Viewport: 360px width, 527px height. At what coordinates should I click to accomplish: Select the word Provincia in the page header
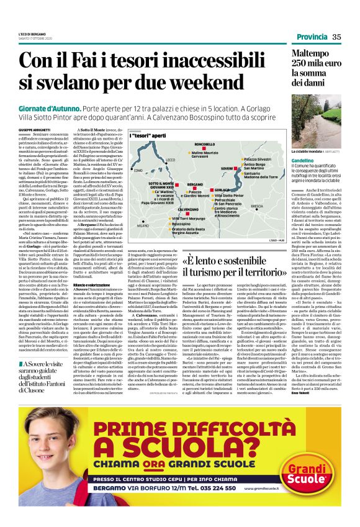click(308, 37)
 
